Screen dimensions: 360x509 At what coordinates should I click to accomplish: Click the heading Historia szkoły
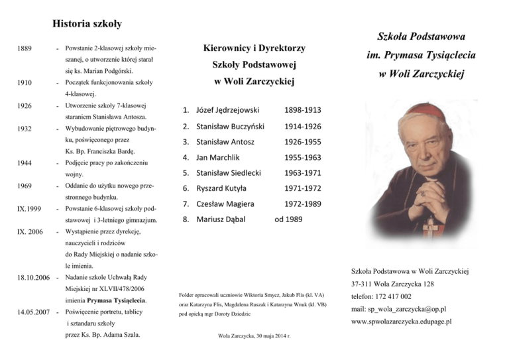pos(86,25)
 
